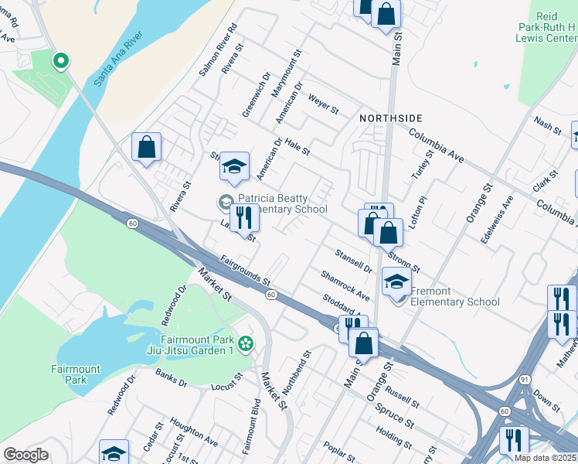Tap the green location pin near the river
coord(59,60)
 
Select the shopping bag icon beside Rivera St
coord(146,148)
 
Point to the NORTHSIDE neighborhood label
coord(391,118)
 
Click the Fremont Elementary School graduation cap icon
coord(396,284)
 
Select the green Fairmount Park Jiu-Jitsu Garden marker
coord(246,343)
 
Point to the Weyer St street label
coord(323,104)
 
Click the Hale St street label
coord(297,144)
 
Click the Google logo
coord(25,455)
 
